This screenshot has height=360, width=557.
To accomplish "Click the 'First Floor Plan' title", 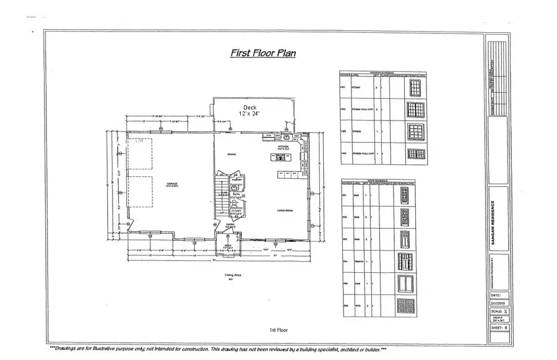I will coord(262,53).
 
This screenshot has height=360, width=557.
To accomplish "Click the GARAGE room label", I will coord(171,184).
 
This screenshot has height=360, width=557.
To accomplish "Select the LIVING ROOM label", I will coord(285,211).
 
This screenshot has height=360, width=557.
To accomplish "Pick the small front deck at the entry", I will coord(228,247).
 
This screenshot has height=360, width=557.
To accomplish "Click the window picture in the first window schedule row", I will coord(414,88).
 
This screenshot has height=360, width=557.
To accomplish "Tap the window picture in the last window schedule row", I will coord(414,153).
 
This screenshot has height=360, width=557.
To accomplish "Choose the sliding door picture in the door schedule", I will coord(405,283).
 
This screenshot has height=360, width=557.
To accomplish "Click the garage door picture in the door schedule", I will coord(405,306).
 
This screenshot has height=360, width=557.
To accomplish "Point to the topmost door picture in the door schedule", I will coord(405,195).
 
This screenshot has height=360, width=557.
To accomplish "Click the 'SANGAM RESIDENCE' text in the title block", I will coord(493,222).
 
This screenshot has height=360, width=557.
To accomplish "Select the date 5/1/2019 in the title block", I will coord(498,303).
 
